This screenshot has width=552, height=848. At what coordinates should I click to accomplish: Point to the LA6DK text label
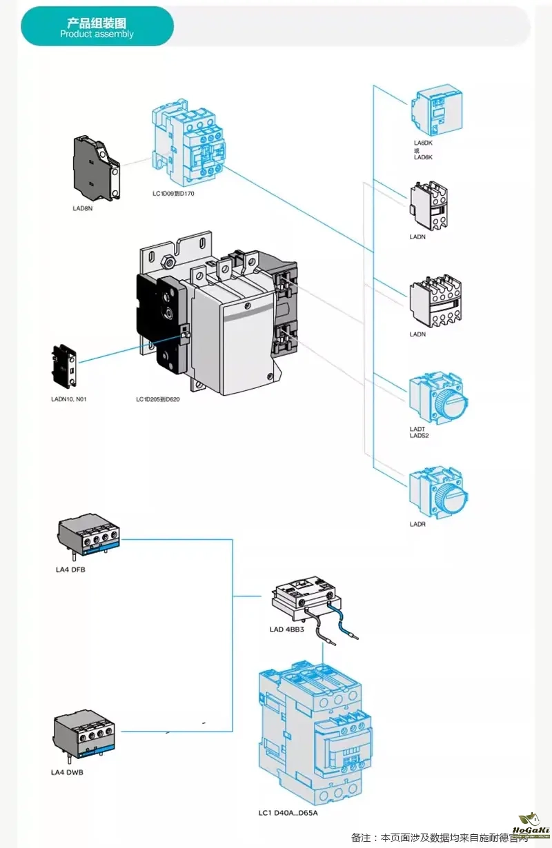(423, 143)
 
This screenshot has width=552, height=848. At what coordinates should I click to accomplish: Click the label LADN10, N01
(69, 399)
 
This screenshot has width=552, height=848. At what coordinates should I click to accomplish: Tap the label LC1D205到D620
(158, 399)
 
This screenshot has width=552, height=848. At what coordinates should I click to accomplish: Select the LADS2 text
(420, 436)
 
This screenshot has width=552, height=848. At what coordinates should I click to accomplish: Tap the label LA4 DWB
(67, 772)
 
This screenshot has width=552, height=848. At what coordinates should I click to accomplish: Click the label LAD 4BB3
(287, 629)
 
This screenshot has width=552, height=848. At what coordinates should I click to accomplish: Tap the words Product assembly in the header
(97, 34)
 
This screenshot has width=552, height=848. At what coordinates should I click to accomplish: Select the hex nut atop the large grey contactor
(166, 261)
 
